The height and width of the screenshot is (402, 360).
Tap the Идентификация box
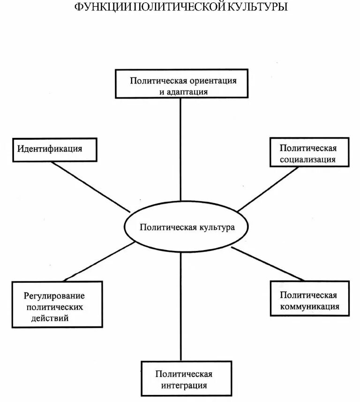[55, 150]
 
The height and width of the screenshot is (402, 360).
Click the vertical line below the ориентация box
[180, 150]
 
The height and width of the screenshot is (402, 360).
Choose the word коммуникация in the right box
[310, 307]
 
